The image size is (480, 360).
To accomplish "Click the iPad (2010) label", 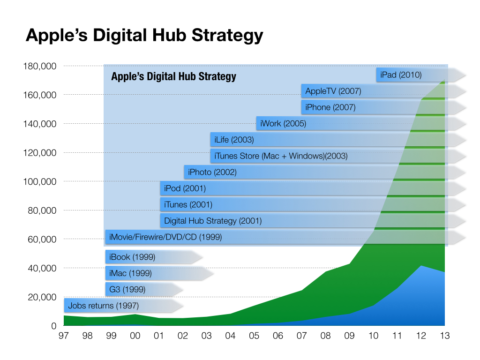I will (401, 75).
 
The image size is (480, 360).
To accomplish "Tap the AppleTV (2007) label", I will (333, 91).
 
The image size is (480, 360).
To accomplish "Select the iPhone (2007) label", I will (330, 107).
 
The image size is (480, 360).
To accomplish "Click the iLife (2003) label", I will (234, 140).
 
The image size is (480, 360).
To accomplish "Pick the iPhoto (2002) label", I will (212, 172).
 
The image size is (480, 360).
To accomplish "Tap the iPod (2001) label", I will (185, 189).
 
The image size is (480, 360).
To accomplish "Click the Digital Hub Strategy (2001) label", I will (212, 221).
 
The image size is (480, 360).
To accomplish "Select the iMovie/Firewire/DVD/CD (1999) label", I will (165, 237).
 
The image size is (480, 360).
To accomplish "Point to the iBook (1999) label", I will (132, 257).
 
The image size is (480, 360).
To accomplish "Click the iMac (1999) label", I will (130, 273).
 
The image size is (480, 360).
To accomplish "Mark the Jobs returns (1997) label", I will (103, 306).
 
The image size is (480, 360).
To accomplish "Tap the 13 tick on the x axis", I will (444, 336).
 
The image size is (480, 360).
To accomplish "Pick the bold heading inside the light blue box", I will (173, 76).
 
